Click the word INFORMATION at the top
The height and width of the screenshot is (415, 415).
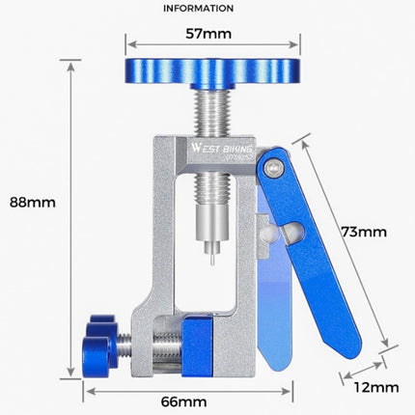[198, 8]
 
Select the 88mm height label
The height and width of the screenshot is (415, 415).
[32, 203]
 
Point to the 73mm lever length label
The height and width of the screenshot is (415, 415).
[365, 232]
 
